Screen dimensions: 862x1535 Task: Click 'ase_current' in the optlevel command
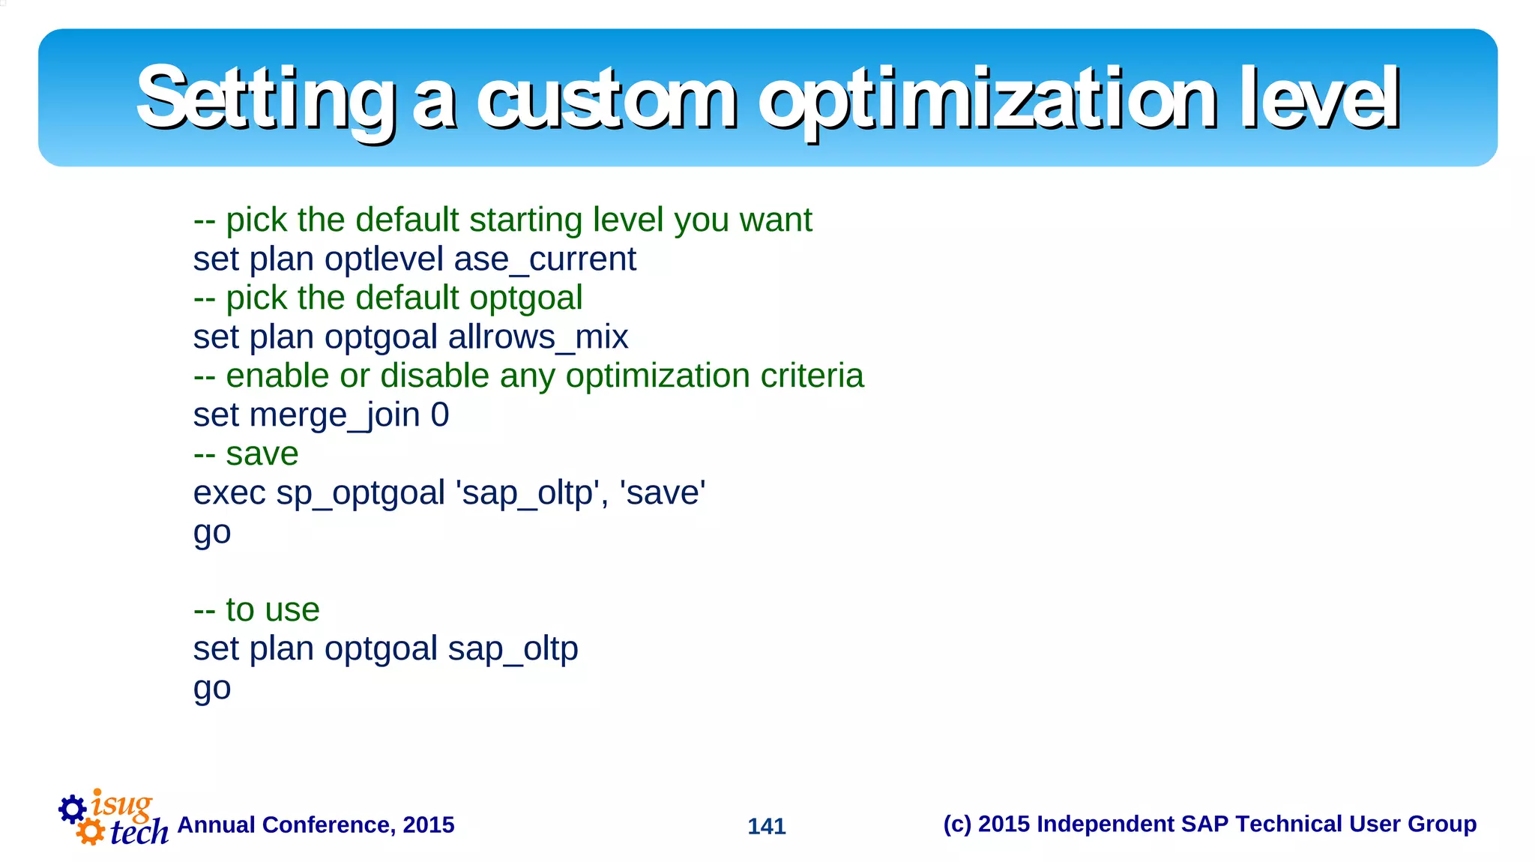(x=545, y=260)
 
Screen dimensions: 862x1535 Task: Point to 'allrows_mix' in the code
(x=537, y=338)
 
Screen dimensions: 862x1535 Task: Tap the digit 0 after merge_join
(x=440, y=415)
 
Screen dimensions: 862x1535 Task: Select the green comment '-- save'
(x=246, y=455)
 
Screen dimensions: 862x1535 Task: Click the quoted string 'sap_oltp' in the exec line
(x=528, y=494)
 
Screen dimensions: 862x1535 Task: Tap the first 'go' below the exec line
(x=212, y=534)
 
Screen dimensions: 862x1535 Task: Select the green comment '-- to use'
(x=256, y=610)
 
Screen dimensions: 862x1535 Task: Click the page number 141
(x=766, y=826)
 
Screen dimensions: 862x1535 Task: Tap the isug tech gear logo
(x=112, y=818)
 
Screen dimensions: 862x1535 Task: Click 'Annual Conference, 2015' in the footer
(x=316, y=825)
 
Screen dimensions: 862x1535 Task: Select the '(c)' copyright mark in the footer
(x=957, y=824)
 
